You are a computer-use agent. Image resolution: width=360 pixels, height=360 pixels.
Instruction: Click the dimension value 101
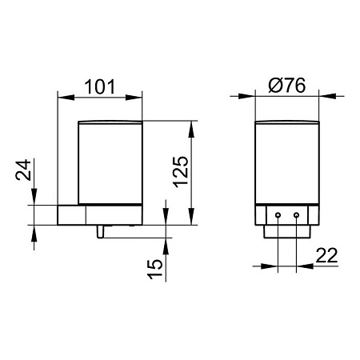100,86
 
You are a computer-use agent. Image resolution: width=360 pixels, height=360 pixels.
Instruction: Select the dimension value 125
181,172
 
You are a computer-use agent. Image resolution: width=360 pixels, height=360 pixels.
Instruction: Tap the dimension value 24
23,170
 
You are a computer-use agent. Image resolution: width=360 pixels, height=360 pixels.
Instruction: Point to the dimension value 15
154,269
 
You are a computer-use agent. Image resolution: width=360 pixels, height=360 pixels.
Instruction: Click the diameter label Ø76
287,86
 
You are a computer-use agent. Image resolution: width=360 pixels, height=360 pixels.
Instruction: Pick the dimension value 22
326,255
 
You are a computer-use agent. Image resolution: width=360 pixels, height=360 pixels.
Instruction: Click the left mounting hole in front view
278,215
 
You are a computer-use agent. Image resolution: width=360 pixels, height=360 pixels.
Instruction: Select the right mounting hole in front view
296,215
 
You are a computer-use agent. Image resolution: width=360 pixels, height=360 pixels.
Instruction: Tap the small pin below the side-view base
100,231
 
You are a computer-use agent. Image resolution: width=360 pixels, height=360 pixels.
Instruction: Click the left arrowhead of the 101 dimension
66,98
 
